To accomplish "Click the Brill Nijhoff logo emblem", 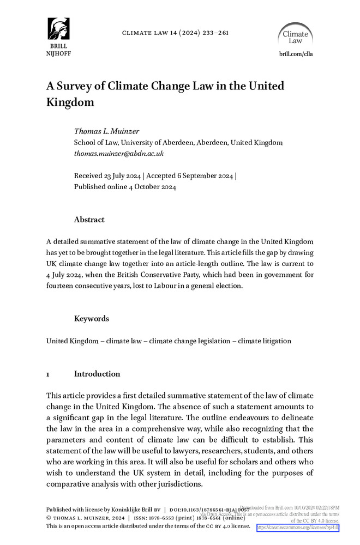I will click(58, 28).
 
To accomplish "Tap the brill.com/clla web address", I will click(296, 54).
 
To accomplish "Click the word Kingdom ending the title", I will click(70, 102).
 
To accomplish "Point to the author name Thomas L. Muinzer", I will click(106, 131).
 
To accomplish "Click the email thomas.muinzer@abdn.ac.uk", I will click(118, 154).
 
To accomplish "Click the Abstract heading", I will click(89, 220).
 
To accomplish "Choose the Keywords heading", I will click(91, 319).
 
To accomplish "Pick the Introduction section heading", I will click(97, 374).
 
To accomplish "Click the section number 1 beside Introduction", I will click(49, 374).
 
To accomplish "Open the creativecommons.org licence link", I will click(298, 528).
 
